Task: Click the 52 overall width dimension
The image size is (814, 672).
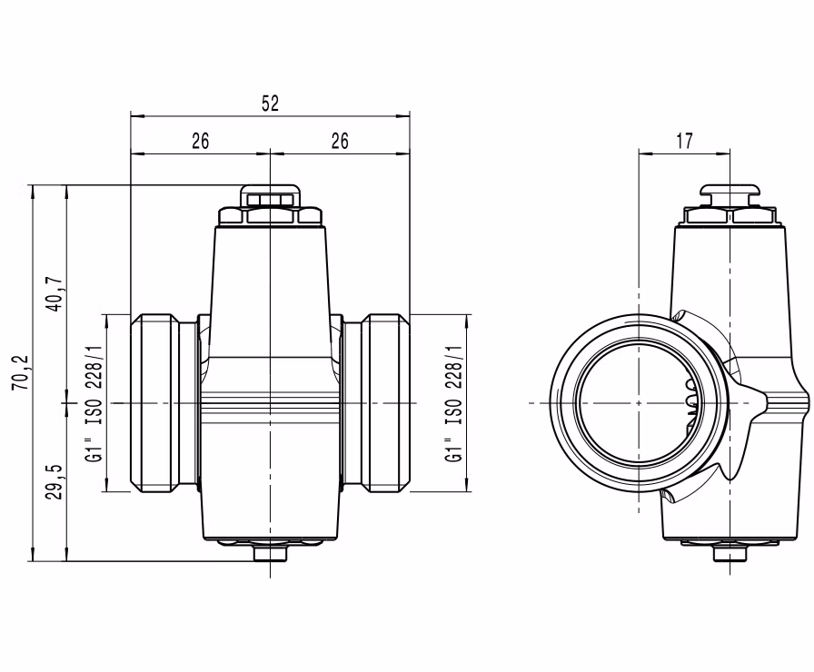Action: coord(270,104)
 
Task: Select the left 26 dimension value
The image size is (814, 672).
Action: coord(201,141)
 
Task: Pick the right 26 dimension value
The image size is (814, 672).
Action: coord(340,141)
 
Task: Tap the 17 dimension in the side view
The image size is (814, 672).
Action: coord(684,141)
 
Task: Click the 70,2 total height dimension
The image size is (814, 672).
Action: coord(23,372)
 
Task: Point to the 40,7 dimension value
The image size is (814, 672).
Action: coord(56,293)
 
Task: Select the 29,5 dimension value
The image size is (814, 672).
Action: coord(56,481)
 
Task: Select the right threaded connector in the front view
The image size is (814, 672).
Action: coord(376,402)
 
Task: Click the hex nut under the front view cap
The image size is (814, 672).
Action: coord(270,216)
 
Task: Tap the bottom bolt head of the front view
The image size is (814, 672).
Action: coord(270,553)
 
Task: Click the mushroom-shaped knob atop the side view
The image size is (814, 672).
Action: coord(730,195)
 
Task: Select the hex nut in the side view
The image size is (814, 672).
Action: coord(730,216)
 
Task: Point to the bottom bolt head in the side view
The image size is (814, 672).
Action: coord(730,554)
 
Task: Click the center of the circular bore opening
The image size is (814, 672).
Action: coord(638,402)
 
